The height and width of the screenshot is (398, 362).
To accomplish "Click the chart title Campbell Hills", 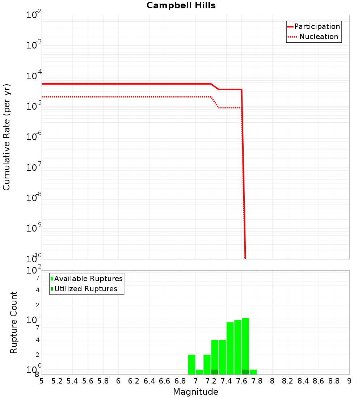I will (x=181, y=6).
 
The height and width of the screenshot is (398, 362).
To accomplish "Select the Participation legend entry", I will (x=317, y=26).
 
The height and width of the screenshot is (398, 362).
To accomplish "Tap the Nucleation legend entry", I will (x=319, y=37).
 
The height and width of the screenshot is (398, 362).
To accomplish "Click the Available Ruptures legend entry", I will (x=88, y=279).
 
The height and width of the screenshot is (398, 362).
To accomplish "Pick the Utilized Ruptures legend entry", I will (x=85, y=289).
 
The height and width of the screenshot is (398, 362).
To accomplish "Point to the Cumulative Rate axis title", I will (x=7, y=137).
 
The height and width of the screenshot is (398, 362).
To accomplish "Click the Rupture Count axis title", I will (x=14, y=322).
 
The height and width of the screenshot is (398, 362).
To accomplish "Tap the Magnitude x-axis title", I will (x=195, y=392).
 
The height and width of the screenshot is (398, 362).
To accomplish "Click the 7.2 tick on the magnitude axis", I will (x=211, y=381).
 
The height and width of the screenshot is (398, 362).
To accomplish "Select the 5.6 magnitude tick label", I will (x=88, y=381).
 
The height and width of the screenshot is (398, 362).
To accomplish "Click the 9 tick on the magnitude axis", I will (x=349, y=381).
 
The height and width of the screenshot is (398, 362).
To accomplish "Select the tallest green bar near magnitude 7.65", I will (x=245, y=344).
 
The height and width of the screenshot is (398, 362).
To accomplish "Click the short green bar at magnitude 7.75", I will (x=253, y=372).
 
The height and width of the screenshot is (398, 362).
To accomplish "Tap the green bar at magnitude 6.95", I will (x=191, y=364).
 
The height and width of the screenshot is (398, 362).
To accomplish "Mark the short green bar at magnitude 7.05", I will (x=199, y=372).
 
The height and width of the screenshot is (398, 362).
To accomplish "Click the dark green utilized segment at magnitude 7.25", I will (x=215, y=372).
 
